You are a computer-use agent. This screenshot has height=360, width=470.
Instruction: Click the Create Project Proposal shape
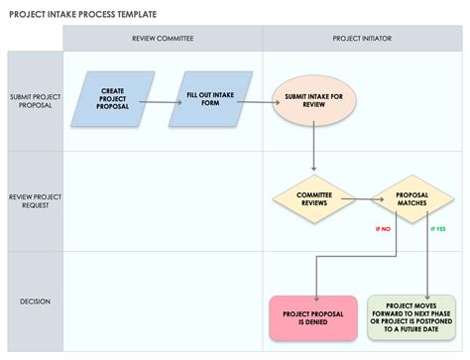click(x=112, y=98)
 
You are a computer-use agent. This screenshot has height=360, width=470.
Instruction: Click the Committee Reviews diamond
click(x=313, y=199)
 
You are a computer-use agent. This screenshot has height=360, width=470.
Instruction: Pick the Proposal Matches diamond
click(x=411, y=199)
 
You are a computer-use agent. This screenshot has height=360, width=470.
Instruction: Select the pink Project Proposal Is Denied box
click(x=313, y=317)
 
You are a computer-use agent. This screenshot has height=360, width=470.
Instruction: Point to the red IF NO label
click(x=383, y=229)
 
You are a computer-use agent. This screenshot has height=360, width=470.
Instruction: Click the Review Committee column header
click(x=163, y=39)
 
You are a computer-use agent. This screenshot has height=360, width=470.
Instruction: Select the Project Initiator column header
click(x=362, y=39)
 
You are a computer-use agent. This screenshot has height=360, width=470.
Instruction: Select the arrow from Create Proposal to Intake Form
click(x=160, y=98)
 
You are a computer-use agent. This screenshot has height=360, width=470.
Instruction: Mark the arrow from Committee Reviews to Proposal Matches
click(x=363, y=199)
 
